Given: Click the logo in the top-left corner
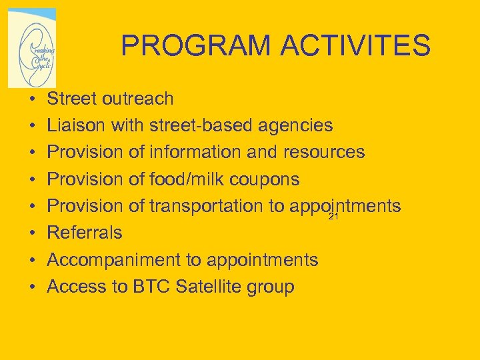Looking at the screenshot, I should (32, 48).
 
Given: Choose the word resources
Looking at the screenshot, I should (324, 153).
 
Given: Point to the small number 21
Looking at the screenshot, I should (334, 217).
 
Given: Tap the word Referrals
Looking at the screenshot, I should (85, 233).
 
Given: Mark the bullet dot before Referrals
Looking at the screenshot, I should (32, 233).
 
